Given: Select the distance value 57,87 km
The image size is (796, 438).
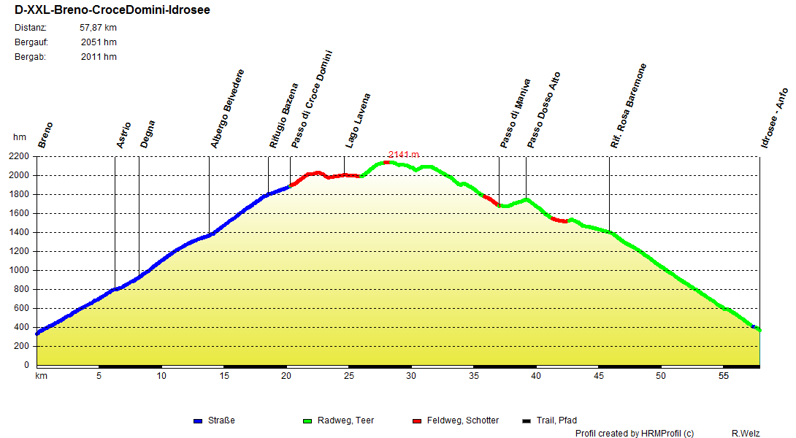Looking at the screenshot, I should click(x=98, y=28).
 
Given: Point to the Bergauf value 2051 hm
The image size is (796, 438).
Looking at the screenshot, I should click(x=99, y=42).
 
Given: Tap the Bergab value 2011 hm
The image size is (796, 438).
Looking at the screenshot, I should click(x=99, y=57).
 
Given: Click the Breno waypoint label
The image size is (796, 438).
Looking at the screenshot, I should click(x=45, y=135).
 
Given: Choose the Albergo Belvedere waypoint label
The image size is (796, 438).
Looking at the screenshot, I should click(x=227, y=109).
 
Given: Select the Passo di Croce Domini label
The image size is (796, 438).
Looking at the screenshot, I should click(x=312, y=100).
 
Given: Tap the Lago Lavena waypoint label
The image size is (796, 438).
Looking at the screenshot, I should click(x=358, y=120).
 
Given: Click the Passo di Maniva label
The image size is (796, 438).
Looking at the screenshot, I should click(x=515, y=113).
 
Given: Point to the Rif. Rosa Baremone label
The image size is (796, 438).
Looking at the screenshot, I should click(x=629, y=107).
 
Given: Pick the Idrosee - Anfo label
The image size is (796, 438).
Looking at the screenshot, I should click(x=774, y=118).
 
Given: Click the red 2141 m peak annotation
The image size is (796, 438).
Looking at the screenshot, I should click(x=404, y=154).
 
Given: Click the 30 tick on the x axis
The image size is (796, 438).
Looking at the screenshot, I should click(x=411, y=376).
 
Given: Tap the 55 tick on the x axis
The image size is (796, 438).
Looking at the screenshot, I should click(x=724, y=376).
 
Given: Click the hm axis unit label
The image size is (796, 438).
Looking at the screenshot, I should click(x=20, y=137).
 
